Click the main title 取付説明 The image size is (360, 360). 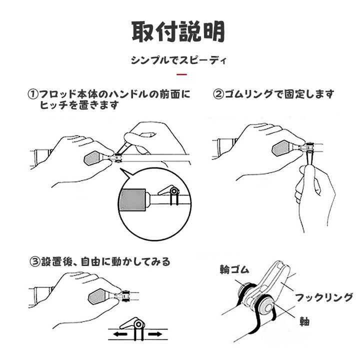point(178,31)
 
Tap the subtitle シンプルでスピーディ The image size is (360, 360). point(178,60)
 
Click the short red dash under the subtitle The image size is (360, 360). point(182,74)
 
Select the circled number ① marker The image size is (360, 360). point(33,94)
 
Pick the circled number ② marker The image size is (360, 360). point(218,94)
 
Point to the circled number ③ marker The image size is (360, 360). point(35,261)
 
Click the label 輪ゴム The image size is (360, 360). point(234,269)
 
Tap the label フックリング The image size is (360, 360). point(324,298)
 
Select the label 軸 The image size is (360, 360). point(305,321)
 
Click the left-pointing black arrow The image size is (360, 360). point(120,334)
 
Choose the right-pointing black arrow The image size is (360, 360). point(155,334)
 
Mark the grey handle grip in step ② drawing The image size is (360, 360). point(280,148)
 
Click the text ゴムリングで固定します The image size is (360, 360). point(279,94)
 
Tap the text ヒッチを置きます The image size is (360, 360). point(79,105)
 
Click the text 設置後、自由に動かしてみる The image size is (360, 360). point(105,261)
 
